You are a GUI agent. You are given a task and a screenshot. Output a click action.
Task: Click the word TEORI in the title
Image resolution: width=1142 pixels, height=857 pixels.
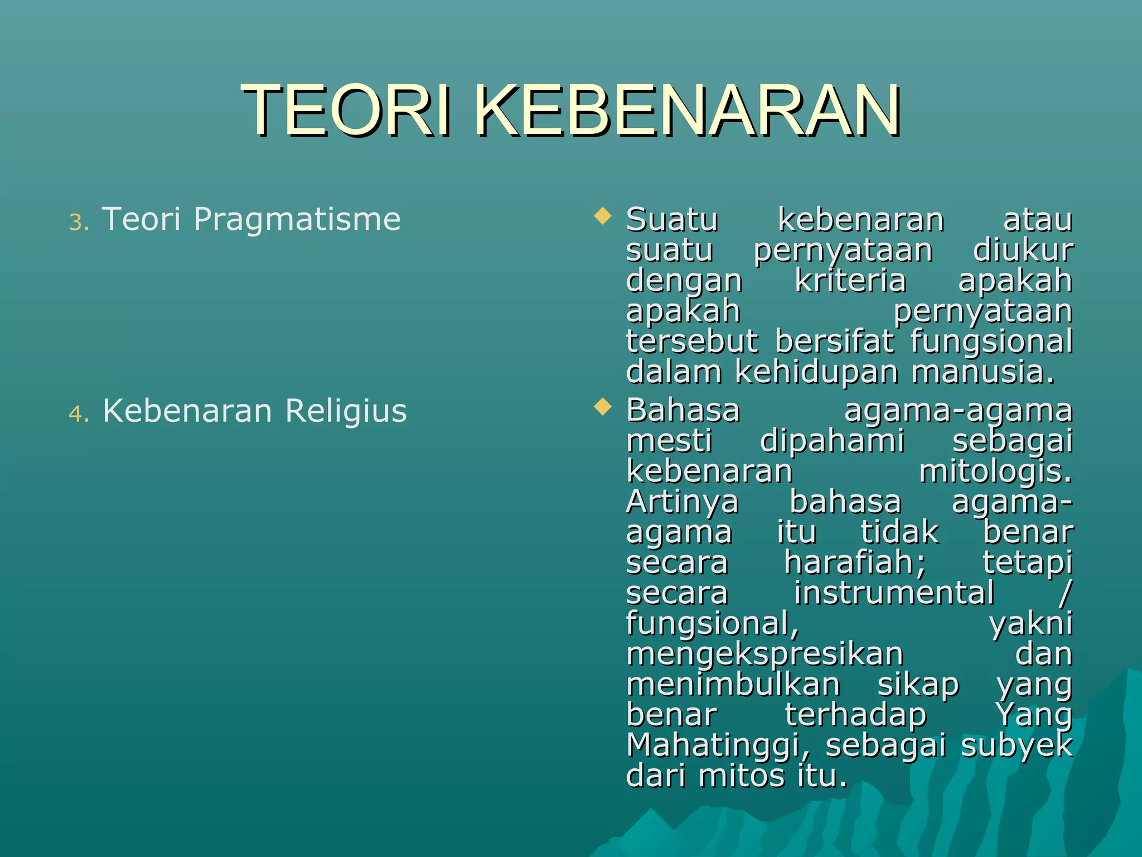pos(346,110)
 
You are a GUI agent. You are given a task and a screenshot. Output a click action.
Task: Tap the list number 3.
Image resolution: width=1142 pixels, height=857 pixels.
pos(79,222)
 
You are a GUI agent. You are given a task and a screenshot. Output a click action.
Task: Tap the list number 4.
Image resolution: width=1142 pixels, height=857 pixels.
pos(79,414)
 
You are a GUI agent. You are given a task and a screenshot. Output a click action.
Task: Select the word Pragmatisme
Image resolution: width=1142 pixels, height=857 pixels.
pos(297,219)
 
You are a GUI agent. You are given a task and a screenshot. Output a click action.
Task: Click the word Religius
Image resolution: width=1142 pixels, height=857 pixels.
pos(346,411)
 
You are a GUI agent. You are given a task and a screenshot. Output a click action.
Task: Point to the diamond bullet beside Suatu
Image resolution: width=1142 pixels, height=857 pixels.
pos(602,215)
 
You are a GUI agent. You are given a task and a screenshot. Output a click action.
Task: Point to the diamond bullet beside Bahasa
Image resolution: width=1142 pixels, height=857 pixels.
pos(602,407)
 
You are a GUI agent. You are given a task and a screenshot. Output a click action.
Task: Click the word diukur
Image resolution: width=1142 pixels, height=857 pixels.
pos(1023,250)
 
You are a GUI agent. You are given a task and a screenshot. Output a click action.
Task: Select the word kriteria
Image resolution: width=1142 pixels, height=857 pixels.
pos(850,280)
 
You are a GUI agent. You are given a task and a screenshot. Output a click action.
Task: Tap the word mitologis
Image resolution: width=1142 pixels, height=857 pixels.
pos(995,471)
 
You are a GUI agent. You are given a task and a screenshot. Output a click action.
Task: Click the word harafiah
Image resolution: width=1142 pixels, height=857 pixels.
pos(854,562)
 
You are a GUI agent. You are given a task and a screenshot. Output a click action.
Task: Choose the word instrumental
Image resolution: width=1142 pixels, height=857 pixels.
pos(893,593)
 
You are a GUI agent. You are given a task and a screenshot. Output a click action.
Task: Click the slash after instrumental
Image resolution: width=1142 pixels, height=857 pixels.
pos(1064,593)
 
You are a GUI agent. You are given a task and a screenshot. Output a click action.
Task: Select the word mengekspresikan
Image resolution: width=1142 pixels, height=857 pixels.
pos(764,654)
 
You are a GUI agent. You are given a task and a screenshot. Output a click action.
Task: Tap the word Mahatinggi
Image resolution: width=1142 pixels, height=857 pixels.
pos(717,745)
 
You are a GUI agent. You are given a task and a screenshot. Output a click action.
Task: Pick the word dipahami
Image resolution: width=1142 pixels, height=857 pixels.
pos(831,441)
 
